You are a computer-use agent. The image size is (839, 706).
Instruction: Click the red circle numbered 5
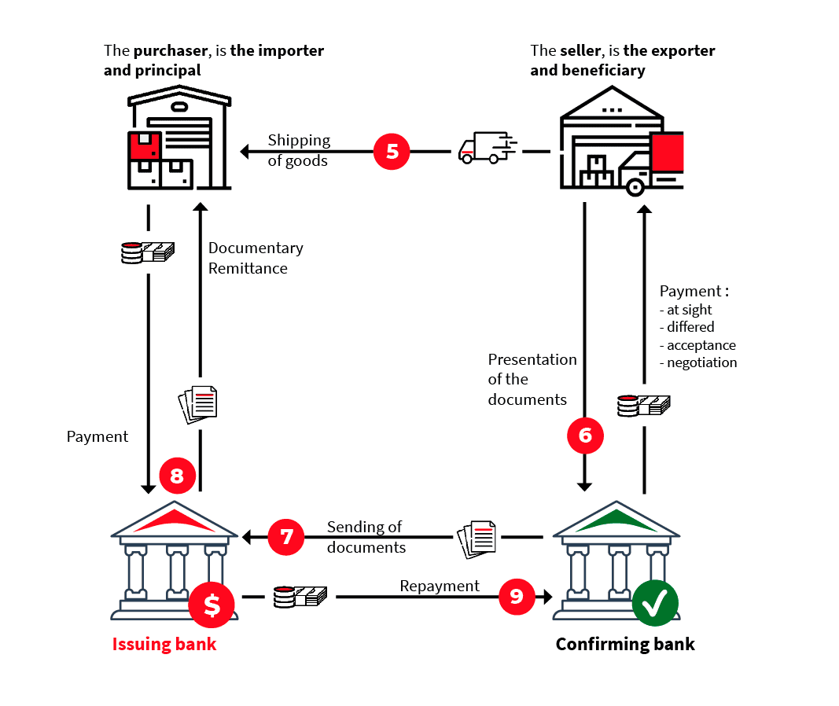tap(392, 151)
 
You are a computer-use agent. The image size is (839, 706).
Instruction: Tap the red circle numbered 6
tap(585, 436)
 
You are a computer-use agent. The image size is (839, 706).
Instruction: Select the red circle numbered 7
tap(287, 537)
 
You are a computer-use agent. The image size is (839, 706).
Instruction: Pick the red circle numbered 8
tap(177, 475)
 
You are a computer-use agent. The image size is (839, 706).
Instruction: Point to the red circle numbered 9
tap(517, 597)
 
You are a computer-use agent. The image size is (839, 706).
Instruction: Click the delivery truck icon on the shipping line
tap(486, 148)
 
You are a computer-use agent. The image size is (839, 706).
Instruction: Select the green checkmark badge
tap(656, 604)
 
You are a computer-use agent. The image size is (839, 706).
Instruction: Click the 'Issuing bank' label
tap(164, 645)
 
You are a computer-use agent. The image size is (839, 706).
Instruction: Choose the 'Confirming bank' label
tap(625, 645)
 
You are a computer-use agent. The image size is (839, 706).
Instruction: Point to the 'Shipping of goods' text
tap(299, 150)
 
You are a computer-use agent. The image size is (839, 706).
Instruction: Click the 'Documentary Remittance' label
tap(256, 258)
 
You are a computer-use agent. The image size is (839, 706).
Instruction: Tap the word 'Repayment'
tap(440, 586)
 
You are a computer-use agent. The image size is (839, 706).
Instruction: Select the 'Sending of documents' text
tap(366, 537)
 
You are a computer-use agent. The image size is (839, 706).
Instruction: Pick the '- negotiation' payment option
tap(698, 362)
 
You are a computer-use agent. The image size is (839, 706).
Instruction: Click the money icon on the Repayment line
tap(300, 597)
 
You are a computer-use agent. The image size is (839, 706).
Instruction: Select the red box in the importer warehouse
tap(145, 146)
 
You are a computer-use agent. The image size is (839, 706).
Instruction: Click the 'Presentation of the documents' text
tap(532, 379)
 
